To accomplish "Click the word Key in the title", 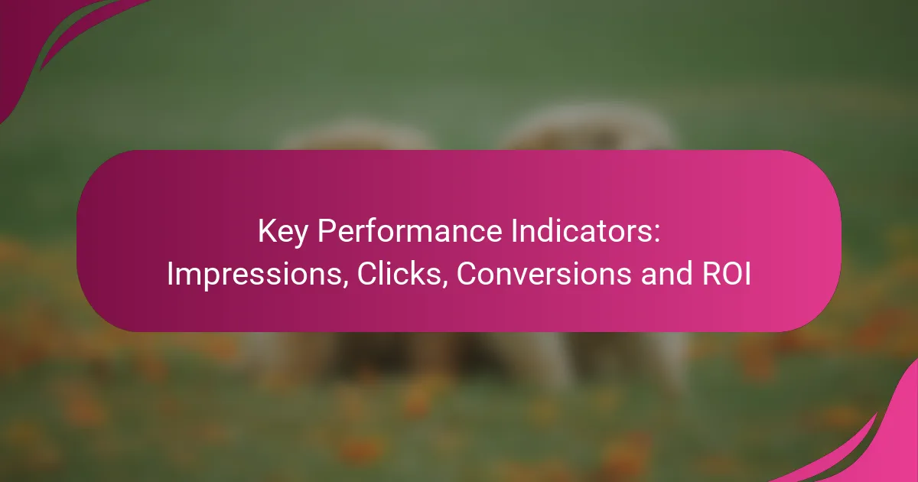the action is click(282, 233).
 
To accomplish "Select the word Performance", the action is click(409, 231).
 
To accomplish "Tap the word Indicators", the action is click(581, 231).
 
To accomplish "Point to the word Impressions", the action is click(254, 274).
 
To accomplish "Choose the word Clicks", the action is click(399, 273).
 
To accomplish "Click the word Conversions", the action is click(544, 273).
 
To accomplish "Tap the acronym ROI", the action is click(727, 273).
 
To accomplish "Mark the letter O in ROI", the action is click(732, 273).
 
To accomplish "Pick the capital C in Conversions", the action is click(467, 273).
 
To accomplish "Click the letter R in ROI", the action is click(711, 273).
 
